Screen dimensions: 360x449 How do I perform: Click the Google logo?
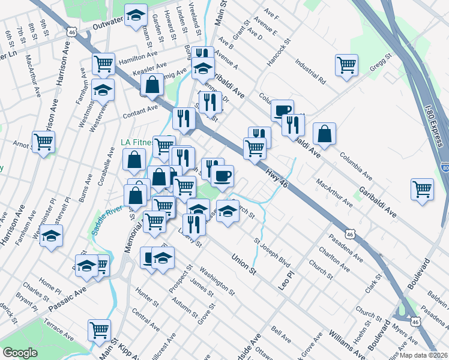coord(20,353)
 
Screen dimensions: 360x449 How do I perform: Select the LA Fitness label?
coord(135,142)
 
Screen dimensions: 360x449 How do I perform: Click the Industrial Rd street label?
coord(310,70)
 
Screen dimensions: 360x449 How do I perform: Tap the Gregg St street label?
coord(380,63)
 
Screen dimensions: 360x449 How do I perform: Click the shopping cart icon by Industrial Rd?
coord(347,64)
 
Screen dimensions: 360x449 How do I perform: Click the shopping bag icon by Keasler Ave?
coord(152,84)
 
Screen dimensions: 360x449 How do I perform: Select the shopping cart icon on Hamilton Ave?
coord(104,62)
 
